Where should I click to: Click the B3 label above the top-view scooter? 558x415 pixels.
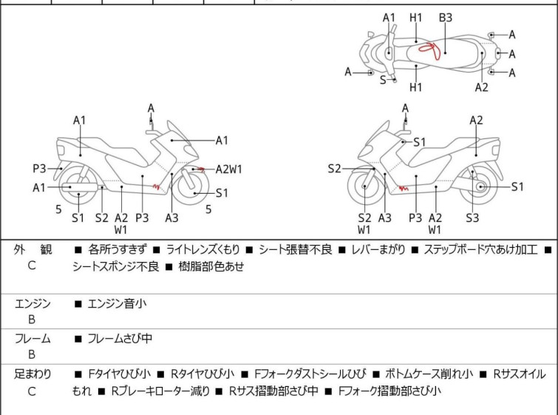tap(445, 18)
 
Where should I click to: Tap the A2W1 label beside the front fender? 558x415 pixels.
tap(228, 169)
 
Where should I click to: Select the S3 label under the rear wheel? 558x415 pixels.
tap(472, 217)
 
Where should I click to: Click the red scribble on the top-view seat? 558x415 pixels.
tap(430, 50)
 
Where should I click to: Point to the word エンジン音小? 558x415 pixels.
tap(117, 303)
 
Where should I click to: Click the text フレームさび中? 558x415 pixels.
tap(120, 338)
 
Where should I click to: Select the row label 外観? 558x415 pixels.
tap(33, 249)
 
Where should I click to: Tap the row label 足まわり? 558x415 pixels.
tap(33, 374)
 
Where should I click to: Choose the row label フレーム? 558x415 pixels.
tap(33, 338)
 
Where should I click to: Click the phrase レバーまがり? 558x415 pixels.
tap(378, 249)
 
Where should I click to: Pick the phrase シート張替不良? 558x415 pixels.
tap(296, 249)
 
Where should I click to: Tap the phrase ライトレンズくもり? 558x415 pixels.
tap(203, 249)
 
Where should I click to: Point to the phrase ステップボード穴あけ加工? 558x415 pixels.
tap(480, 249)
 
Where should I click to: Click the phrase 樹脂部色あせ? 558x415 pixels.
tap(211, 266)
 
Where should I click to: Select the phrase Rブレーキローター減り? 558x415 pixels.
tap(160, 391)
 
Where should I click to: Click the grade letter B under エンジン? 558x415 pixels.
tap(32, 320)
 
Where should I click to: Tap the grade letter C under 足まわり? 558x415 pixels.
tap(32, 391)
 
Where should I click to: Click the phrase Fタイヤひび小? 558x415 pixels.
tap(119, 374)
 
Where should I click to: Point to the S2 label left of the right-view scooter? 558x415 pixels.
tap(334, 169)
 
